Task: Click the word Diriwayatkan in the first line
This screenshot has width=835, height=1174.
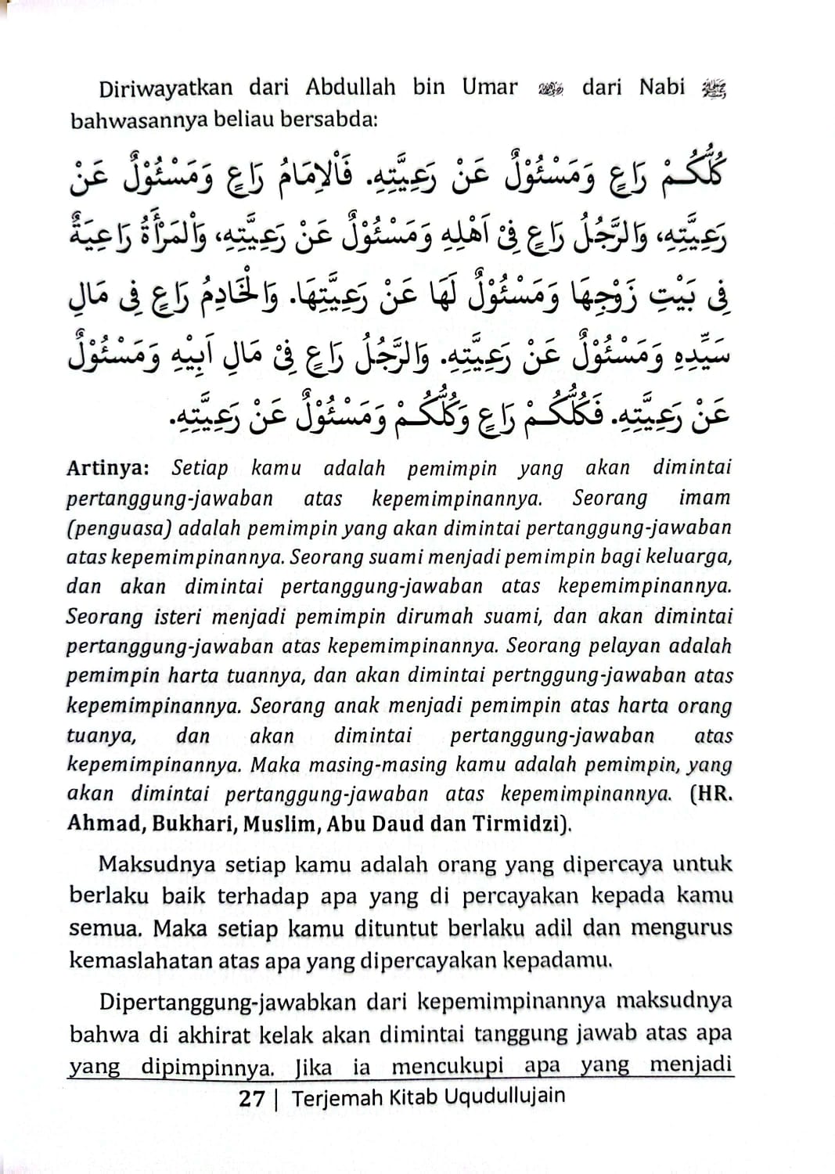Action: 165,88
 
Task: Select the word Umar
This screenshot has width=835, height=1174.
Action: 489,87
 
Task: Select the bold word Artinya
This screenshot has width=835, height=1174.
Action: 107,468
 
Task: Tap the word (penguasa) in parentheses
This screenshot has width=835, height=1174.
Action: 118,528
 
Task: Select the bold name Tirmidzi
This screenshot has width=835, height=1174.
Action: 520,824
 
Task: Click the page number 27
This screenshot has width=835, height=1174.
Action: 251,1098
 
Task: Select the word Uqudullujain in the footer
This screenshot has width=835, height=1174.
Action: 504,1097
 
